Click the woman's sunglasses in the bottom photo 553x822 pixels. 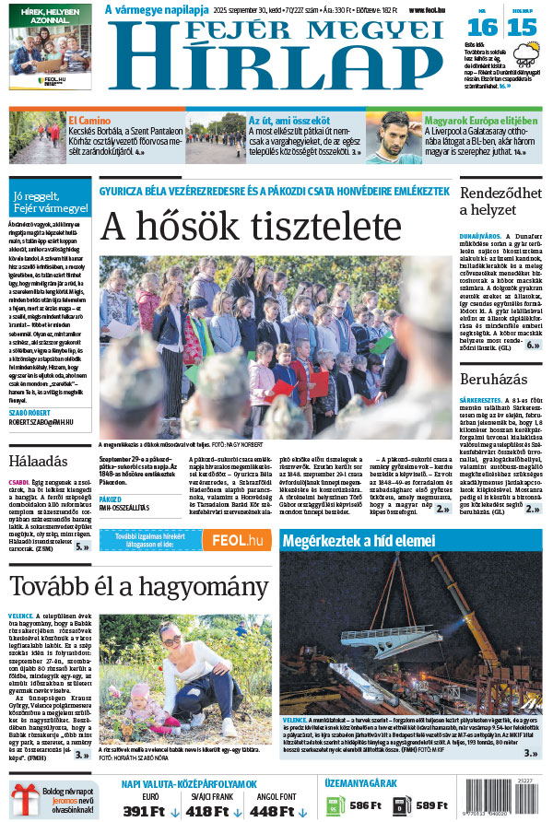click(x=171, y=638)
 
